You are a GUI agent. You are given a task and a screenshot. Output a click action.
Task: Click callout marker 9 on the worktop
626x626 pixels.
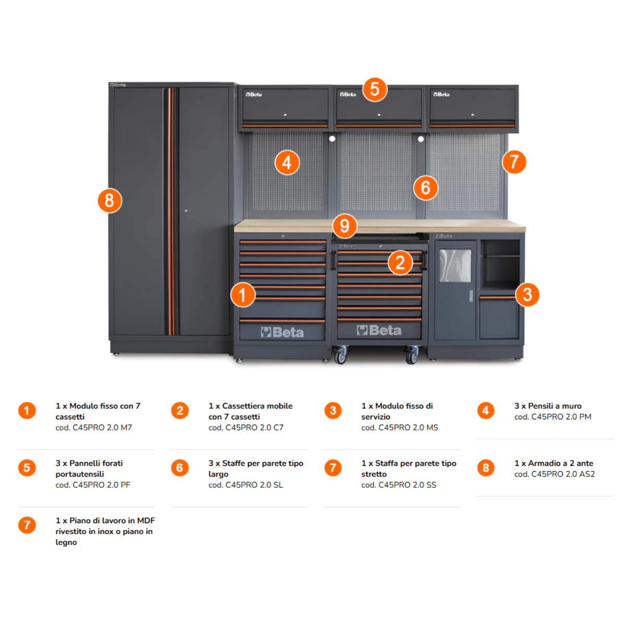tap(344, 226)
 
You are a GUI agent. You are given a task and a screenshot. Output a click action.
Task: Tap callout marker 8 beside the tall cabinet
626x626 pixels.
tap(110, 200)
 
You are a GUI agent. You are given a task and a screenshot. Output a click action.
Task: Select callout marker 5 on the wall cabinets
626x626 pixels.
tap(375, 89)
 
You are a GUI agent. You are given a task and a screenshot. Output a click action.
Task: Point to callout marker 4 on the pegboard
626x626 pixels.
tap(287, 163)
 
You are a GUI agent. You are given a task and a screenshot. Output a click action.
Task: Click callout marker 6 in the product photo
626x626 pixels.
tap(426, 188)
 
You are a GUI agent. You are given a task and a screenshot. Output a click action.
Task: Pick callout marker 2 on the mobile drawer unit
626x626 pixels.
tap(400, 262)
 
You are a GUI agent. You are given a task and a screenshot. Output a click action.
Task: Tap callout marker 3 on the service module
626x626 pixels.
tap(527, 295)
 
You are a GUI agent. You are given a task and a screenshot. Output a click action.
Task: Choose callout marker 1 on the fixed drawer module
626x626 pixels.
tap(243, 295)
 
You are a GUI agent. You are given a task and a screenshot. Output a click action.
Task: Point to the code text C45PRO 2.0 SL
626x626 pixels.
tap(246, 485)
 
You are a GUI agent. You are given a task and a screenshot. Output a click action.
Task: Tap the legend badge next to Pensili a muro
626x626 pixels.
tap(486, 411)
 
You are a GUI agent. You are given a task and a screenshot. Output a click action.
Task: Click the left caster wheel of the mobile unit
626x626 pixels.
tap(341, 356)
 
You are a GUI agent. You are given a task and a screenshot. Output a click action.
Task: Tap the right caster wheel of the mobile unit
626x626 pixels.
tap(412, 356)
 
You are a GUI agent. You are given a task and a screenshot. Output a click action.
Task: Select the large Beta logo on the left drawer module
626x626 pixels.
tap(282, 332)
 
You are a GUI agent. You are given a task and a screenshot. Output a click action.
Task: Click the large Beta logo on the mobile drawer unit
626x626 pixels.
tap(379, 330)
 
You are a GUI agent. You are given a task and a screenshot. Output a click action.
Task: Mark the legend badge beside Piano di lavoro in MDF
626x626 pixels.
tap(27, 525)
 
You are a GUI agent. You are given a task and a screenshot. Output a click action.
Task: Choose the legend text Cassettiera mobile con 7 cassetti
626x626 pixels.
tap(250, 411)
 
